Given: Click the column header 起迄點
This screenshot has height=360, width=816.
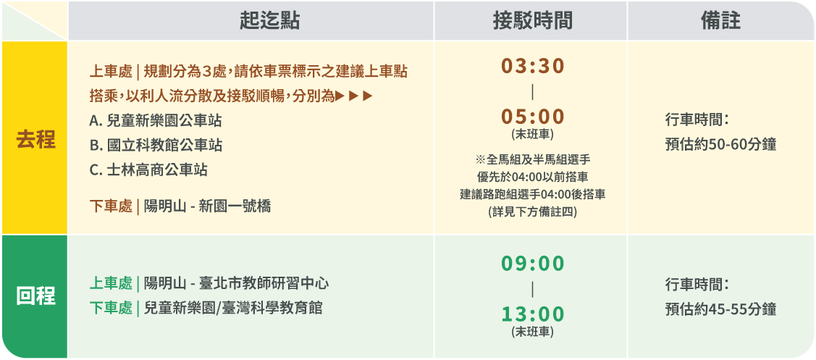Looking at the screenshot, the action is [x=269, y=21].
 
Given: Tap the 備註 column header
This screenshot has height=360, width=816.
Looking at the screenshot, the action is [x=720, y=21].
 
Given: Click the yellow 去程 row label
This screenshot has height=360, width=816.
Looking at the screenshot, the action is [x=35, y=140].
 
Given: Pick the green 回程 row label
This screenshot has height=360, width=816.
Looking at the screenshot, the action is [x=35, y=296].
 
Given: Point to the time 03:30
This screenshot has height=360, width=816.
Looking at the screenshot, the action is [x=532, y=66].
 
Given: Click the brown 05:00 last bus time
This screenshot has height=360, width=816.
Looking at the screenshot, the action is [x=532, y=117].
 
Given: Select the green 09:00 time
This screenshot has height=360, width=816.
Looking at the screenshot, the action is [x=532, y=264].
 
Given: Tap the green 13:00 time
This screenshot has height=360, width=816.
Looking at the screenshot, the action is [x=532, y=314].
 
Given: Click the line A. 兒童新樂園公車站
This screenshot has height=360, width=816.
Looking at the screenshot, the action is [x=156, y=121].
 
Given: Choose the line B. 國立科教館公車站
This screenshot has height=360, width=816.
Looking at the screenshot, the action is [x=156, y=146].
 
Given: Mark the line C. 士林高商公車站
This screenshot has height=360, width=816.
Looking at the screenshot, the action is [x=148, y=169].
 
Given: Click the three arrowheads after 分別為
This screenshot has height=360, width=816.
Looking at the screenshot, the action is [x=354, y=96].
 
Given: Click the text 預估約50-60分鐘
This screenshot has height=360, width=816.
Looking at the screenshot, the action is [x=720, y=144].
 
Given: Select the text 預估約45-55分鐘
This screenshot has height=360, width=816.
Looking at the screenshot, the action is [x=720, y=309].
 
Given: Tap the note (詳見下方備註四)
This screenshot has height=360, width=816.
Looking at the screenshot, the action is [x=532, y=212].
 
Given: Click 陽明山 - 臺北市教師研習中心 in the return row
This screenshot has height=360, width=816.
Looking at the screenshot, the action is [x=236, y=284].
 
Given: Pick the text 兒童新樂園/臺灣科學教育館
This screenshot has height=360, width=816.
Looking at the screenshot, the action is [x=233, y=308].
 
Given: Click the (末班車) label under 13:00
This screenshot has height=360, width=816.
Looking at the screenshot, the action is [x=532, y=332].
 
